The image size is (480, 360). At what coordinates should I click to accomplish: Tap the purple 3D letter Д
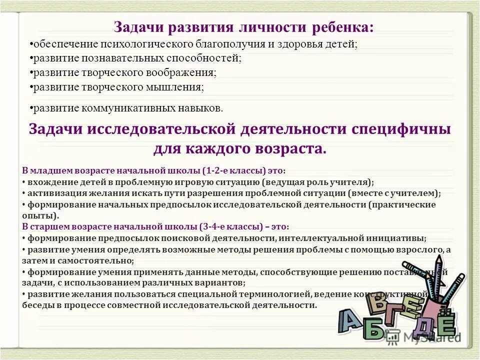click(x=417, y=327)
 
